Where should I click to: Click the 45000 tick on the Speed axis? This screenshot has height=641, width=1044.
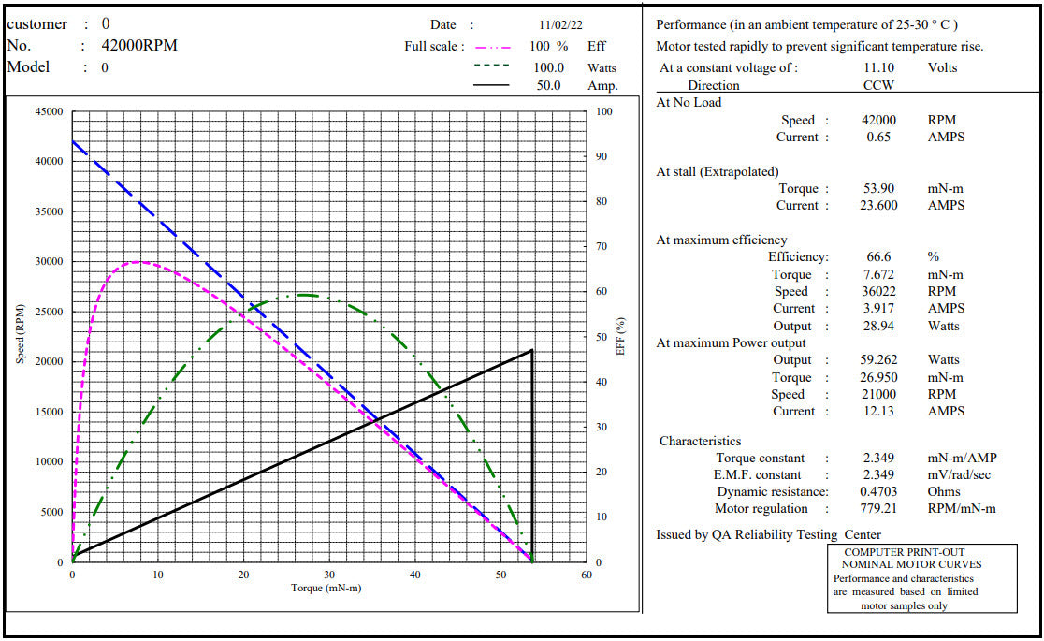49,112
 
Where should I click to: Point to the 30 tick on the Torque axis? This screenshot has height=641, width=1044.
329,575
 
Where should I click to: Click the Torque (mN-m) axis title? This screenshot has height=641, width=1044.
326,588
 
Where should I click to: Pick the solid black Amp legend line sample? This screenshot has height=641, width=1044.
492,85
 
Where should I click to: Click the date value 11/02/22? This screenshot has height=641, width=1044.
561,25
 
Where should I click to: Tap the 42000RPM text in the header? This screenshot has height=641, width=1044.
139,46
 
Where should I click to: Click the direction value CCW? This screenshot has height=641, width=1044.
878,85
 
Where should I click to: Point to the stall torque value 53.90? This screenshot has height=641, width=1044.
878,188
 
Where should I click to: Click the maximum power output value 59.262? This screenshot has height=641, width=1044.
878,359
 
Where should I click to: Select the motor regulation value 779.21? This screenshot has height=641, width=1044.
878,508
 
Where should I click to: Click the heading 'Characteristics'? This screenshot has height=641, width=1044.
700,441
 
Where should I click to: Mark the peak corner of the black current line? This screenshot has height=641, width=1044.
532,350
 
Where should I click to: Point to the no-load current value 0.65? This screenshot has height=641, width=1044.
878,137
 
